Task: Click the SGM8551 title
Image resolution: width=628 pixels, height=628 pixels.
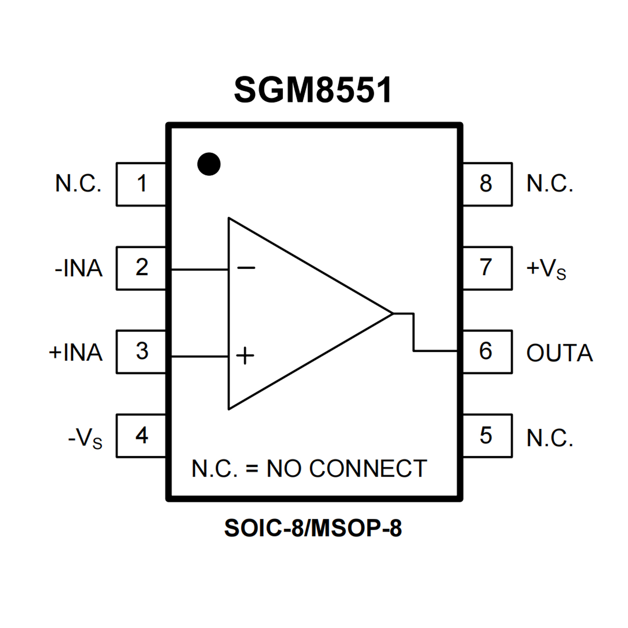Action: tap(313, 90)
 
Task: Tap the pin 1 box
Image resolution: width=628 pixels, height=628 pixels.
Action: tap(141, 184)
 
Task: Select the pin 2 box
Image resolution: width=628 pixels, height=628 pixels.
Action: tap(141, 268)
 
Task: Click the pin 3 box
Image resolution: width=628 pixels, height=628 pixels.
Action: tap(141, 352)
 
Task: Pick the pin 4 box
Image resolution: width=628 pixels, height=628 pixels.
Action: tap(141, 436)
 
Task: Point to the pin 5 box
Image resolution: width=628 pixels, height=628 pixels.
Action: tap(487, 436)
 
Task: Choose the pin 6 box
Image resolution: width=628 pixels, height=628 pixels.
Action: tap(487, 352)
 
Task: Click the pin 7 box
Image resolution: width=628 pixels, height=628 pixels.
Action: tap(487, 268)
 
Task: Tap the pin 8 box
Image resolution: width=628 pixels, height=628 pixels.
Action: tap(487, 184)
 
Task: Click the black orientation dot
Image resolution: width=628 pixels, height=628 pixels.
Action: tap(209, 164)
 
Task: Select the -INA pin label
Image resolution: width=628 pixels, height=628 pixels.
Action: tap(79, 269)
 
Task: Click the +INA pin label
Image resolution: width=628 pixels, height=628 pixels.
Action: tap(76, 353)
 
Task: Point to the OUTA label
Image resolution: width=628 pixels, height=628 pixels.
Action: tap(559, 353)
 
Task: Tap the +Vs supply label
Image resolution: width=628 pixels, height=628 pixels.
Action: tap(546, 270)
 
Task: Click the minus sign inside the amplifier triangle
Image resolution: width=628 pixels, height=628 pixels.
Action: tap(246, 268)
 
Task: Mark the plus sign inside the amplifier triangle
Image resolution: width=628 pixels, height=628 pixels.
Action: tap(245, 356)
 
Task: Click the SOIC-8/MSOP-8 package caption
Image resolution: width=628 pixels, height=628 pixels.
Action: tap(313, 528)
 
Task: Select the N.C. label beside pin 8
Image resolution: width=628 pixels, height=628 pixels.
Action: tap(549, 184)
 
